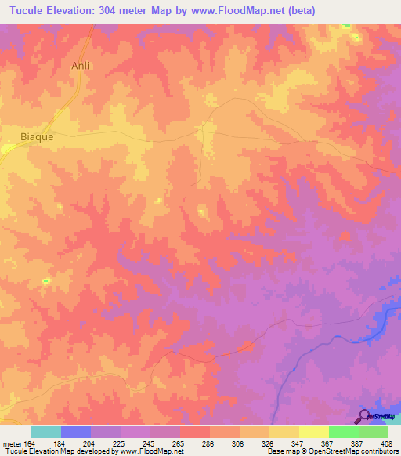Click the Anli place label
click(81, 67)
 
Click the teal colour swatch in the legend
click(46, 432)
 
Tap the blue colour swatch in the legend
click(76, 432)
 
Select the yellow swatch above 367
click(314, 432)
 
